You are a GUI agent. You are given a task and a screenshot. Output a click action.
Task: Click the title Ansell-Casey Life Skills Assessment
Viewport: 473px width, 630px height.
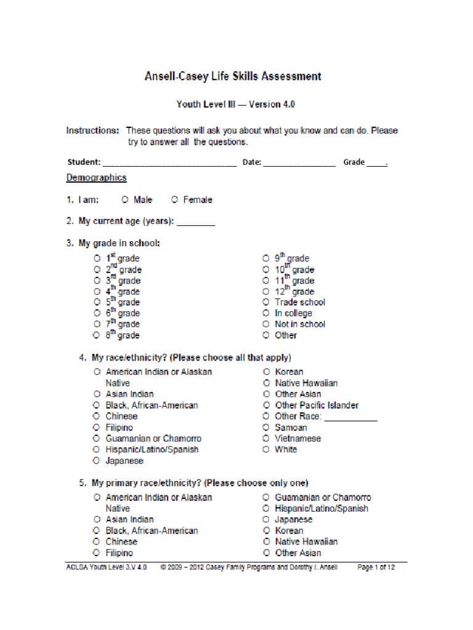coord(232,77)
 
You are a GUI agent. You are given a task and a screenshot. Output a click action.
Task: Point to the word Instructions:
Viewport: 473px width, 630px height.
coord(92,131)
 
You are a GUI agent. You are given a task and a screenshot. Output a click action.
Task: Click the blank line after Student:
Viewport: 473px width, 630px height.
coord(169,164)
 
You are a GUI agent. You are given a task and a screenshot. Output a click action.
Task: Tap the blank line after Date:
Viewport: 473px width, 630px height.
coord(300,164)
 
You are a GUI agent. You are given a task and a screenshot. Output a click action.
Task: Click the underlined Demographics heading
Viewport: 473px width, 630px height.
coord(96,178)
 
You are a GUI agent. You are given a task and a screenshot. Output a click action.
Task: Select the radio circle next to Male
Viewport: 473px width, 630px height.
coord(125,200)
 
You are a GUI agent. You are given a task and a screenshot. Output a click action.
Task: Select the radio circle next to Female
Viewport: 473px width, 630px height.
coord(175,200)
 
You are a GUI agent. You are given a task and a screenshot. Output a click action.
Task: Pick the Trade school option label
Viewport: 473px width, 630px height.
coord(300,302)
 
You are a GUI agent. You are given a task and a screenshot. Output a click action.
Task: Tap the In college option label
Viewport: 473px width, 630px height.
coord(293,313)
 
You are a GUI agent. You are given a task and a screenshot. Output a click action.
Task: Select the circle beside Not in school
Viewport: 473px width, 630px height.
coord(265,324)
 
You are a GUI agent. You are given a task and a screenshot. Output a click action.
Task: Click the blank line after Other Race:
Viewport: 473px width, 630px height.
coord(350,418)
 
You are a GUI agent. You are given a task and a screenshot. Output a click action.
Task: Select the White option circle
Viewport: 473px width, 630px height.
coord(265,450)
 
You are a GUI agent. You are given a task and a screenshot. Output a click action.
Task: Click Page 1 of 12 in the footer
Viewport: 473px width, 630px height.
coord(376,568)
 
